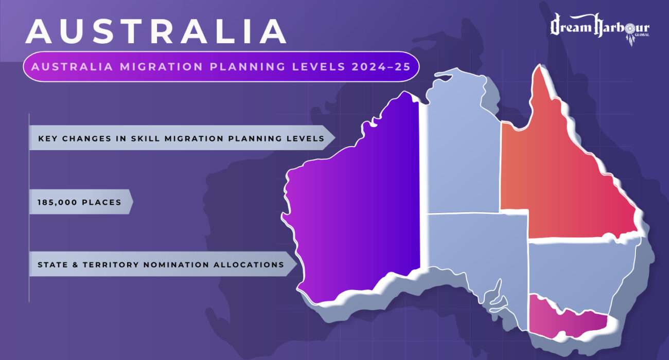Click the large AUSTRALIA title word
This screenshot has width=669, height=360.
pos(156,32)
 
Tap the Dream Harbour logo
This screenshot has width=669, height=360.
pos(600,30)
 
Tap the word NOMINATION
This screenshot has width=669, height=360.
pos(181,265)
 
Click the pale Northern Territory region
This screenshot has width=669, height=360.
pos(461,149)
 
